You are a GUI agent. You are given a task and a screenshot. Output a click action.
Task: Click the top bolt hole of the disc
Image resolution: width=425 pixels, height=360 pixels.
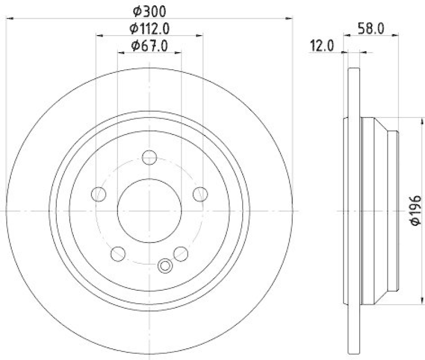click(150, 157)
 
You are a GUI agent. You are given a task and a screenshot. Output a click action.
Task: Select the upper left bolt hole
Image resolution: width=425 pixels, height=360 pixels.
click(99, 195)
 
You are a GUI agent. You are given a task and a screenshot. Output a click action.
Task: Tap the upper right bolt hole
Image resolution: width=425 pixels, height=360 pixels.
click(200, 195)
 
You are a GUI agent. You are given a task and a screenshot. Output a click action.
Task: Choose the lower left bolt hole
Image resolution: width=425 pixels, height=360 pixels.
click(118, 253)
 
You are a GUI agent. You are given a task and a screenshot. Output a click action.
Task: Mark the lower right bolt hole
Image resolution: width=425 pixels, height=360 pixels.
click(181, 253)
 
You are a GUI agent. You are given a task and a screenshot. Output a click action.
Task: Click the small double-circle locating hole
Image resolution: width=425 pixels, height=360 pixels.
click(165, 265)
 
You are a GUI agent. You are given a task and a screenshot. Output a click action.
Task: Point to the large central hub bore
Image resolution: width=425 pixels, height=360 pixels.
click(149, 211)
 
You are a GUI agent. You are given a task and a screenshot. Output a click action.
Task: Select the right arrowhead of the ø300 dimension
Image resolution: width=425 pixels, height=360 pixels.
click(290, 19)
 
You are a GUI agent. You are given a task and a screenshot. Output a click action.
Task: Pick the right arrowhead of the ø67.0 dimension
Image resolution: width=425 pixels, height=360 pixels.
click(179, 53)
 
